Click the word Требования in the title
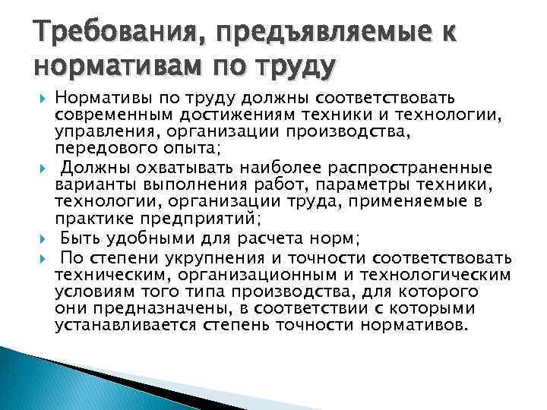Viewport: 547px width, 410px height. point(106,32)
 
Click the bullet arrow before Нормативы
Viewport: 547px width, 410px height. point(41,98)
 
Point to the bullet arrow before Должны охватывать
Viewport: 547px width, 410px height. point(41,168)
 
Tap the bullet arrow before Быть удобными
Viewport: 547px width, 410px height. point(41,238)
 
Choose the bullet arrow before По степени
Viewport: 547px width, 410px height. point(41,255)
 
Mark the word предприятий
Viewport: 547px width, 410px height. point(206,219)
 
